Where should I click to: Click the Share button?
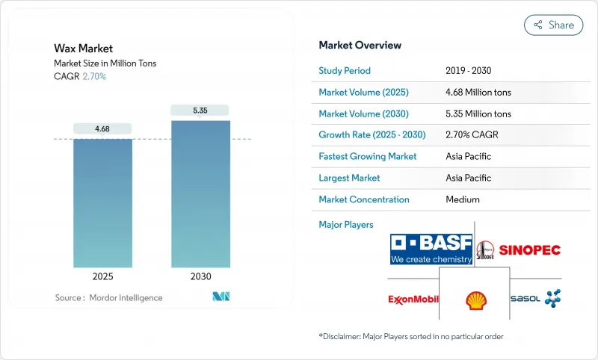553,25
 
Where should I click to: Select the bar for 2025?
102,202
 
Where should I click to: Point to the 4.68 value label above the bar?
102,128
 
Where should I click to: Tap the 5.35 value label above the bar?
200,111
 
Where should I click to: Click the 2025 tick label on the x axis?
102,276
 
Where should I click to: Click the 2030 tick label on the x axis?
200,276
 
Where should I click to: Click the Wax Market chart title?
83,49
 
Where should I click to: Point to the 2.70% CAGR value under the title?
93,76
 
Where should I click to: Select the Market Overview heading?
360,45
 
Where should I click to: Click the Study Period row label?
345,71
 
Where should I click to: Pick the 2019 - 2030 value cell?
468,71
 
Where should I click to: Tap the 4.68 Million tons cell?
478,93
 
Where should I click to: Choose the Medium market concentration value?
462,199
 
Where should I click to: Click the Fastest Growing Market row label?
368,157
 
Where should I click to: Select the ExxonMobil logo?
413,300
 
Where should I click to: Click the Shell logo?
474,300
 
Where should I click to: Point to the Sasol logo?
535,299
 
